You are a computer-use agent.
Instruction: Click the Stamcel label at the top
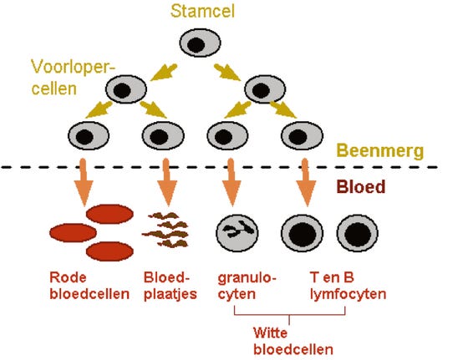(202, 12)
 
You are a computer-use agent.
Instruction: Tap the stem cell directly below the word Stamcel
(200, 43)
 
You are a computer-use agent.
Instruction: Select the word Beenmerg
(380, 150)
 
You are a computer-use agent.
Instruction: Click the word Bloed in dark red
(361, 187)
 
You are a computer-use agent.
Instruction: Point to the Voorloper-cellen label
(73, 78)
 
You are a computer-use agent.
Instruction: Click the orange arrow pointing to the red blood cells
(84, 182)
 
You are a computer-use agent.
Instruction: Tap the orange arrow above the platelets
(167, 182)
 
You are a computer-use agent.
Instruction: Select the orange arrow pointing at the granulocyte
(231, 182)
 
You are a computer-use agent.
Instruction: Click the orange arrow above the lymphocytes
(306, 182)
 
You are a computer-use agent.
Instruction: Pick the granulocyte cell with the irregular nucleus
(237, 233)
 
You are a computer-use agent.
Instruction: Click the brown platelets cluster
(165, 230)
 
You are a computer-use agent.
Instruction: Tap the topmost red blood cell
(109, 214)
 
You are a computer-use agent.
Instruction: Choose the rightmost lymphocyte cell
(358, 233)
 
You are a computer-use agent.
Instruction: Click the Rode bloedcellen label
(89, 286)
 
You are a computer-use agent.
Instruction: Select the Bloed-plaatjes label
(170, 286)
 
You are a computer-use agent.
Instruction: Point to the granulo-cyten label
(247, 286)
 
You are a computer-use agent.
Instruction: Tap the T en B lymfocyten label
(348, 286)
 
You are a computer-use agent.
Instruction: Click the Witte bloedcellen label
(293, 341)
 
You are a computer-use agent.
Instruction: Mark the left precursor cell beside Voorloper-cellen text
(126, 89)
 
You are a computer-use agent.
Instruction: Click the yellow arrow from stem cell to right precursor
(227, 73)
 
